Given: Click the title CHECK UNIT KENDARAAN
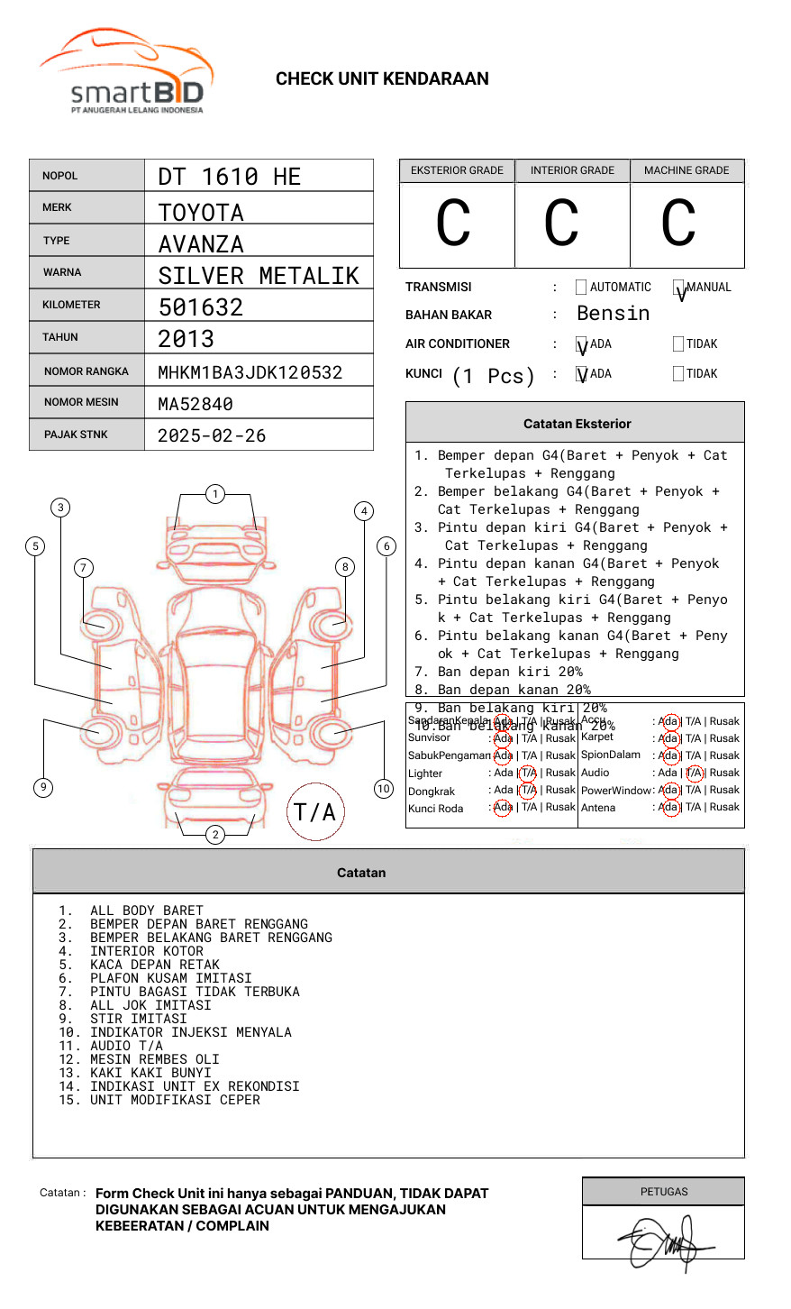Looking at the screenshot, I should pyautogui.click(x=382, y=79).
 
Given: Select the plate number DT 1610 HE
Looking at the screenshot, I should pyautogui.click(x=230, y=177).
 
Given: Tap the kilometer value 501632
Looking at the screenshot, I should pyautogui.click(x=201, y=307).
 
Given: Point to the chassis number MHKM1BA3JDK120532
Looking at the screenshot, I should pyautogui.click(x=250, y=372).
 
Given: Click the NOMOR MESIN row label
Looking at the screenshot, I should pyautogui.click(x=81, y=402).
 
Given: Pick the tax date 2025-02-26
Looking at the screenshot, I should pyautogui.click(x=212, y=435).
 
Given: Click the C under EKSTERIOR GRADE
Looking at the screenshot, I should pyautogui.click(x=453, y=224).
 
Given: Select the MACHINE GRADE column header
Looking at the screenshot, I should pyautogui.click(x=686, y=170).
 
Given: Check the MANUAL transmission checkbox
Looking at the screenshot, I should pyautogui.click(x=678, y=288).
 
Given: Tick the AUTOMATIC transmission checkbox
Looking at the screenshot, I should pyautogui.click(x=581, y=288).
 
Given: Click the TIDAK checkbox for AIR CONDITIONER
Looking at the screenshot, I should pyautogui.click(x=678, y=344).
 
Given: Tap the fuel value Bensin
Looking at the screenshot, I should pyautogui.click(x=613, y=314).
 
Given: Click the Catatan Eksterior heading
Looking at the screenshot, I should pyautogui.click(x=577, y=424).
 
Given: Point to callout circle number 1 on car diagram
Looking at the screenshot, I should pyautogui.click(x=214, y=494).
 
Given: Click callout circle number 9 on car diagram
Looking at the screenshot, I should pyautogui.click(x=43, y=787).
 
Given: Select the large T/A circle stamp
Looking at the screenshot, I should pyautogui.click(x=315, y=812).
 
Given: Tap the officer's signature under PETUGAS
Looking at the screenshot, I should pyautogui.click(x=665, y=1243).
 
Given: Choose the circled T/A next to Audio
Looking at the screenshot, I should pyautogui.click(x=694, y=773).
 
